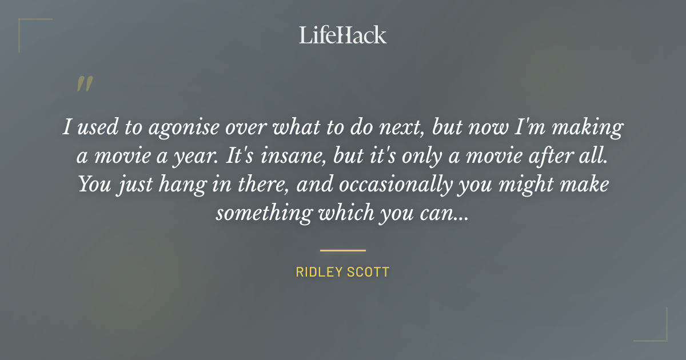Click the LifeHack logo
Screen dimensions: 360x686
[x=343, y=35]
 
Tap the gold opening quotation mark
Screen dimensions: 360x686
[x=85, y=84]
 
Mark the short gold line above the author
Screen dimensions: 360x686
[x=343, y=250]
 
